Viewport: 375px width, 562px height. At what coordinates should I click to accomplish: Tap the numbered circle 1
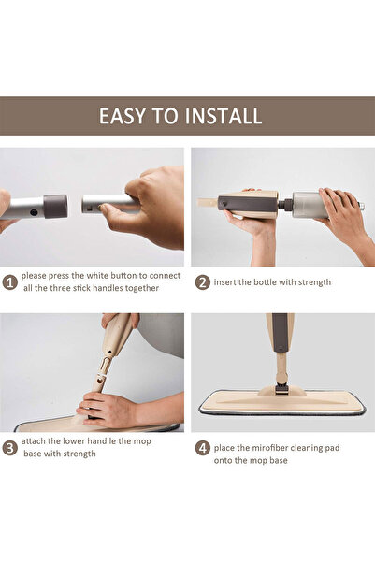click(x=9, y=281)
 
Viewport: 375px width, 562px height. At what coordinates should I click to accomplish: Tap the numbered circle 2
click(x=202, y=281)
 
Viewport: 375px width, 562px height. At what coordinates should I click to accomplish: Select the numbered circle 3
click(x=9, y=448)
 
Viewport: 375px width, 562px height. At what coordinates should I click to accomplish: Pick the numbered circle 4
click(x=202, y=448)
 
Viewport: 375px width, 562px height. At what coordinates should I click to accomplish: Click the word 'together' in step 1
click(x=137, y=289)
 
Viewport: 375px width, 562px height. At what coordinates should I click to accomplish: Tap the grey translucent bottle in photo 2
click(x=307, y=203)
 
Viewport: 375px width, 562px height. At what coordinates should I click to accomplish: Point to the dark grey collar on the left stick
click(x=55, y=206)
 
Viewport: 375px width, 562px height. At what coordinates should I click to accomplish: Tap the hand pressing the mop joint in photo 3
click(x=108, y=409)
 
